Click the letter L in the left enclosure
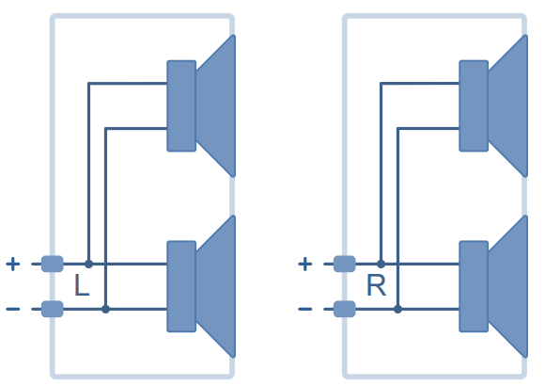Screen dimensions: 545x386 [x=82, y=285]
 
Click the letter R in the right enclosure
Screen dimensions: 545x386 [x=377, y=285]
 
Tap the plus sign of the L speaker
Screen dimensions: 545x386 [x=13, y=264]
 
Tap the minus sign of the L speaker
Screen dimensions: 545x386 [x=13, y=309]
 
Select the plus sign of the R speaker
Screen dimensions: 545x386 [x=304, y=264]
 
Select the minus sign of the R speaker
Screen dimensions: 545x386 [x=304, y=309]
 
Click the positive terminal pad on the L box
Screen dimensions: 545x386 [x=52, y=264]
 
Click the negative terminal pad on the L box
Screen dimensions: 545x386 [x=52, y=309]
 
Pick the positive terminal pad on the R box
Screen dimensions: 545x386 [x=345, y=264]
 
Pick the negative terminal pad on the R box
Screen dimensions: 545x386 [x=345, y=309]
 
